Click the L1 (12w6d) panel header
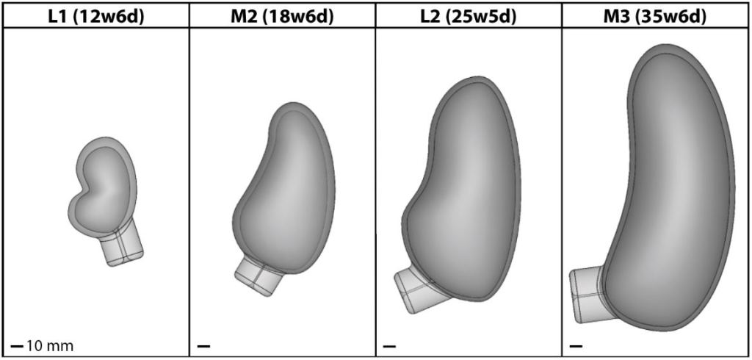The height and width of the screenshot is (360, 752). click(x=95, y=17)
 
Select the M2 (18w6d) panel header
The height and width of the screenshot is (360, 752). click(x=282, y=17)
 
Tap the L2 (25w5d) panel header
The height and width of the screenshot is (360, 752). click(x=469, y=17)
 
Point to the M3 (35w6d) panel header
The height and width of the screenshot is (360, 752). click(x=656, y=17)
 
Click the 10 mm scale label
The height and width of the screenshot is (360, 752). click(x=49, y=345)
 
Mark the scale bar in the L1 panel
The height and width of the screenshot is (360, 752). click(x=17, y=345)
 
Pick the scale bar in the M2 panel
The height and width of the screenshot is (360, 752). click(x=203, y=345)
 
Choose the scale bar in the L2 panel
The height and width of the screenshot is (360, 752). click(x=389, y=345)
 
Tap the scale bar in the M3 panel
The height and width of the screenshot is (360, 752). click(x=576, y=345)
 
